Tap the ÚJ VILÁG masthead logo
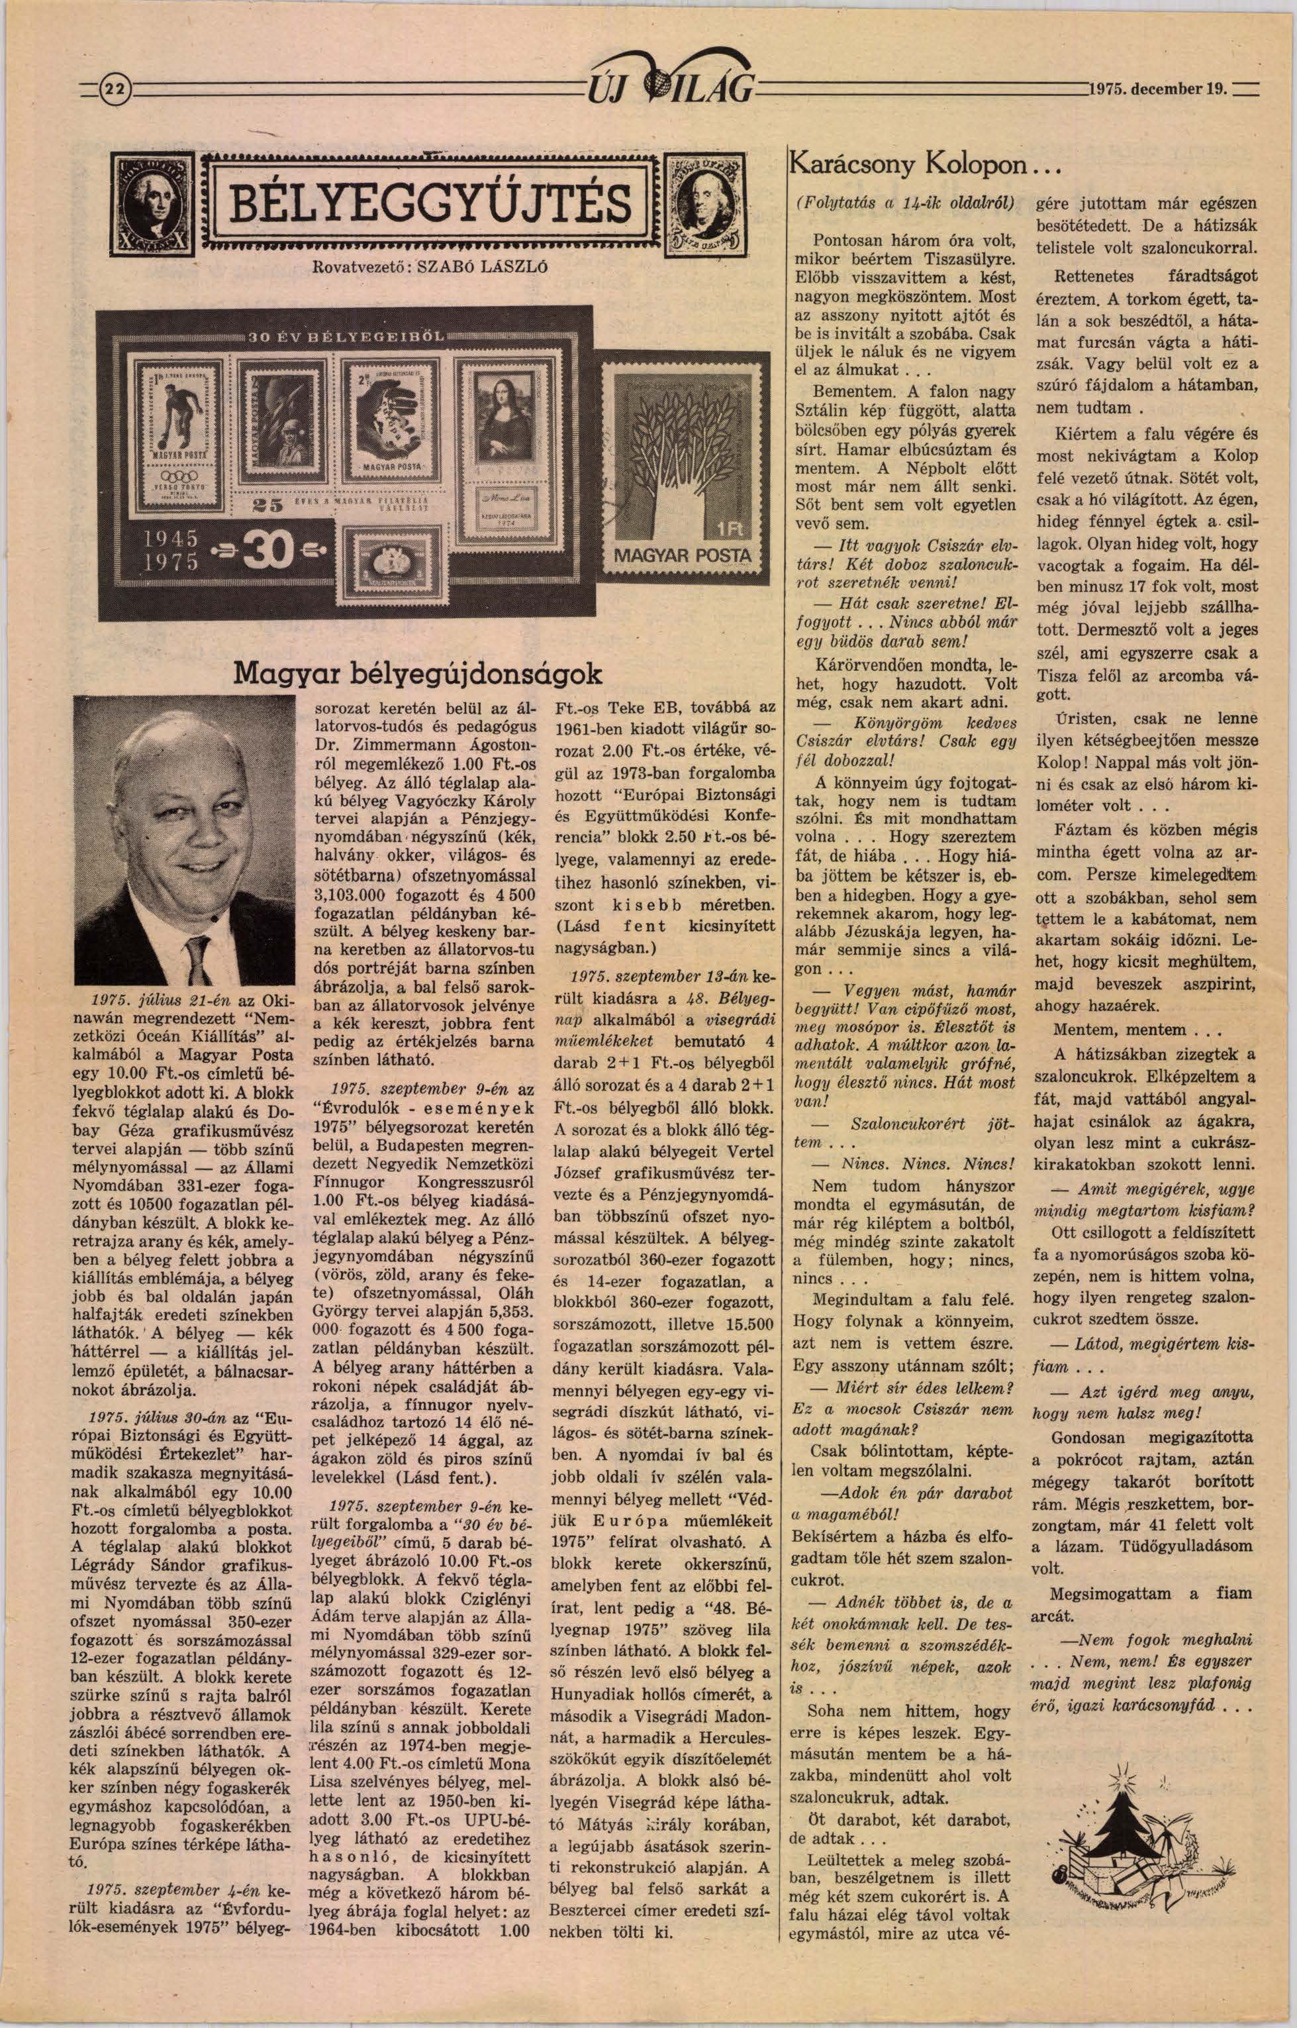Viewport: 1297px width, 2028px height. (x=672, y=81)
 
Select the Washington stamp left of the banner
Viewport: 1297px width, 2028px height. (x=152, y=205)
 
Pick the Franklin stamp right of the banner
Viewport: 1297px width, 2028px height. (x=706, y=205)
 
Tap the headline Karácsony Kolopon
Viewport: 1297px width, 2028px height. (x=909, y=164)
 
